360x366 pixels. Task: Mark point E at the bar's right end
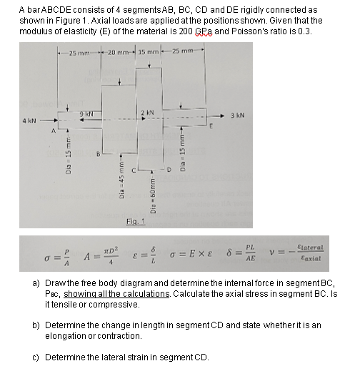tap(211, 127)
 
